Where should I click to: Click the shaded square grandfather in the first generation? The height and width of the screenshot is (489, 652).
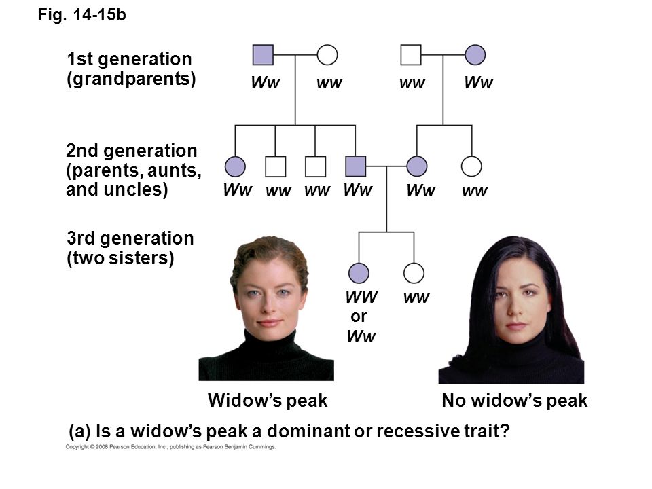263,55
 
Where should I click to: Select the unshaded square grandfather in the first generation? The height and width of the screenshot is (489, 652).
411,55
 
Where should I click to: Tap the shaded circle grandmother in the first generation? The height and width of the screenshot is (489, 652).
475,55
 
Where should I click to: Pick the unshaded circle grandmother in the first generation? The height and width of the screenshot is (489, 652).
327,55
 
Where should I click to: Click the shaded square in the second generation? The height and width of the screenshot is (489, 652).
355,166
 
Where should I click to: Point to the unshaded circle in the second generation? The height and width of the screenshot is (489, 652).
471,166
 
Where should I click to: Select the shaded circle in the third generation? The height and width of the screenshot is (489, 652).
359,273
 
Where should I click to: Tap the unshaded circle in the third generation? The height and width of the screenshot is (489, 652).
414,273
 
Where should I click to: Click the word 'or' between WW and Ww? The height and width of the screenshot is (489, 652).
359,317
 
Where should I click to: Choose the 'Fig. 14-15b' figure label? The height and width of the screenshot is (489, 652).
81,15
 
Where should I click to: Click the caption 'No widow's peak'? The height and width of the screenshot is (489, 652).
514,401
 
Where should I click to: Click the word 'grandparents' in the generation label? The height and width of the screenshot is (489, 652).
131,79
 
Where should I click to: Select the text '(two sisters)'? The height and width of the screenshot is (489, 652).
120,258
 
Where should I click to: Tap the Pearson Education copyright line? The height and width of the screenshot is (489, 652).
170,447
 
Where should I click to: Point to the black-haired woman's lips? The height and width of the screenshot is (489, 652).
515,325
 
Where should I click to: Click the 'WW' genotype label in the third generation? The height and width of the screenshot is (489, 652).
361,297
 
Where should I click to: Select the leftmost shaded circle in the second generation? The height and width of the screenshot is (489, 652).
235,166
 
